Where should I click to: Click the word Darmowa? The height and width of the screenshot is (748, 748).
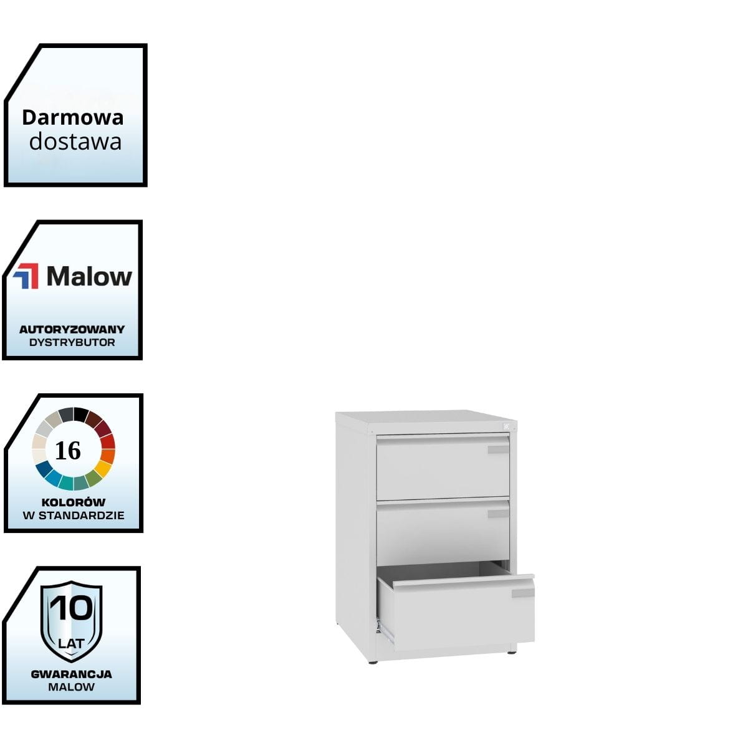73,117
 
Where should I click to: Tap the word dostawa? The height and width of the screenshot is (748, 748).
75,142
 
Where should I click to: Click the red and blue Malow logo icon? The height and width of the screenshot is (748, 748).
26,276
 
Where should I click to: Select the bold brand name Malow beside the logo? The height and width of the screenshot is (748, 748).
89,276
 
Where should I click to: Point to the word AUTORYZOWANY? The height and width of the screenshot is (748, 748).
72,329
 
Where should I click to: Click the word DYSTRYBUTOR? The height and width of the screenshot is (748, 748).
72,342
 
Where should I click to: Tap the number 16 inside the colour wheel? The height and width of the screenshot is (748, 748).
68,450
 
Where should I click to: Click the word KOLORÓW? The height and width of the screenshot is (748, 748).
73,502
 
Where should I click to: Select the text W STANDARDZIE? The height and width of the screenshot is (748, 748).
73,515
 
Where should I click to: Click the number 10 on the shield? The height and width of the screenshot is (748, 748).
71,608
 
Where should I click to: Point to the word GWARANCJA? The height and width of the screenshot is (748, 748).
71,674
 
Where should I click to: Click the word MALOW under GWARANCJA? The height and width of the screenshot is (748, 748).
71,687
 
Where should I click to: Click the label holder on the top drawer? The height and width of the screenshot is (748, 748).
498,449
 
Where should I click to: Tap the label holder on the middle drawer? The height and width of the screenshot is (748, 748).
498,514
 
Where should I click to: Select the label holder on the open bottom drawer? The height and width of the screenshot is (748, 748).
522,593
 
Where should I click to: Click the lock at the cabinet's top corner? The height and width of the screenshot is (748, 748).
506,426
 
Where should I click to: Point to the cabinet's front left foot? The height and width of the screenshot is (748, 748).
373,661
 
